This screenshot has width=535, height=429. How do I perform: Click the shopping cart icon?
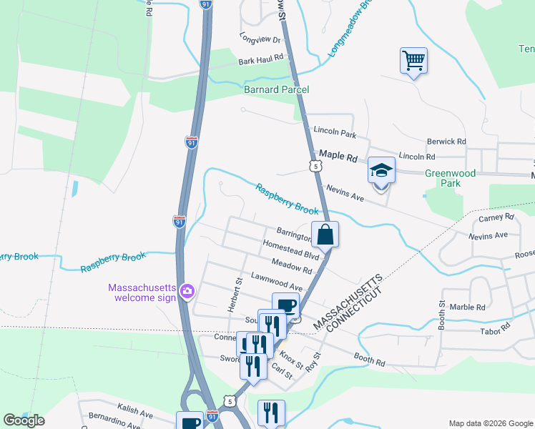pos(413,60)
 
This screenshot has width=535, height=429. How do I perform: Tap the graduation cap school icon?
pos(381,171)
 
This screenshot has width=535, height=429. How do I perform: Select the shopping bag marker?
pos(325,234)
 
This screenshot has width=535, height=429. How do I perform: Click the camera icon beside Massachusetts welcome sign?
pos(187,290)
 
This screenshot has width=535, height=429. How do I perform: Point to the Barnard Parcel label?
pos(276,89)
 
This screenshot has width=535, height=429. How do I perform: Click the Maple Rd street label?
pos(338,154)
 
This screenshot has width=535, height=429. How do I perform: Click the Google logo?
pos(24,420)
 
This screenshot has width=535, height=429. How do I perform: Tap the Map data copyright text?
pos(490,423)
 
